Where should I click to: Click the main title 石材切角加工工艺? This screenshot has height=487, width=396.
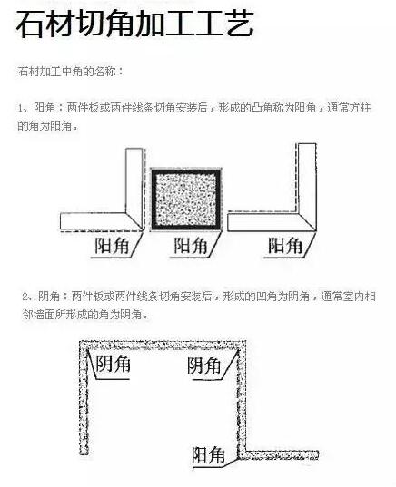click(135, 24)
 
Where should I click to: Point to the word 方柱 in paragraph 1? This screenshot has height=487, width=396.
click(361, 108)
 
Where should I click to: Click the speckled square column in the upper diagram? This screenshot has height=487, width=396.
click(186, 200)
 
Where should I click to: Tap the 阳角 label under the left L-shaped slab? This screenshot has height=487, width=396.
click(112, 246)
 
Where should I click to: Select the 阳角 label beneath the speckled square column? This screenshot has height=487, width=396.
click(191, 246)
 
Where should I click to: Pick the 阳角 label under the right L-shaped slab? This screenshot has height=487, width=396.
click(285, 246)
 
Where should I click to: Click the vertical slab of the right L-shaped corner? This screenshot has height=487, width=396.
click(307, 183)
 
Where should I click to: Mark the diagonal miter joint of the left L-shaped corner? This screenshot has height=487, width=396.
click(134, 221)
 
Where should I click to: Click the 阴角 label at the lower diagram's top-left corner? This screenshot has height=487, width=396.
click(113, 364)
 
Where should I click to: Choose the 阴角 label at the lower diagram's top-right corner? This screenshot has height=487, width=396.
click(204, 365)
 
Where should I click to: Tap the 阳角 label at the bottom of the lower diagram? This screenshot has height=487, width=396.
click(208, 455)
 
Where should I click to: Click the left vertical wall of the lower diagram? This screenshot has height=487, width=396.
click(84, 398)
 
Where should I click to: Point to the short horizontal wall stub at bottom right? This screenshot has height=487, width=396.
click(280, 455)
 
